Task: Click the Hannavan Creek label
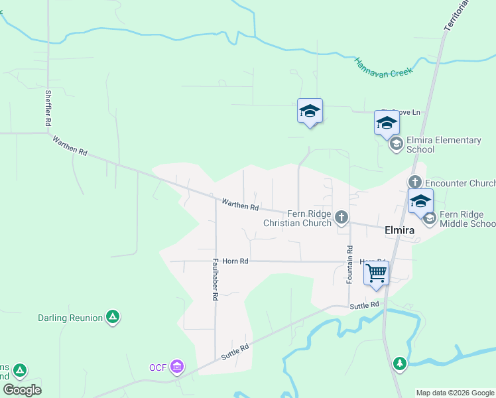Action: tap(383, 66)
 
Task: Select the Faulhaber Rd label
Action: tap(215, 280)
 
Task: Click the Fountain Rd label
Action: tap(349, 264)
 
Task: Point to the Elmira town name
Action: tap(400, 230)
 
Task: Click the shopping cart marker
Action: tap(376, 273)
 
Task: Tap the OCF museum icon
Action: tap(177, 366)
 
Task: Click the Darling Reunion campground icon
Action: tap(113, 317)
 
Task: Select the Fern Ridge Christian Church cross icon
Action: tap(341, 217)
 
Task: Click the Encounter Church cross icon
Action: tap(415, 182)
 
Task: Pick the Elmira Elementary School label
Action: tap(444, 145)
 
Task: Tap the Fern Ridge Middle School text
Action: tap(467, 219)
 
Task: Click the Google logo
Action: tap(22, 390)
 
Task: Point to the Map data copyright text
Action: tap(454, 393)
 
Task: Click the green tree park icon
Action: tap(399, 363)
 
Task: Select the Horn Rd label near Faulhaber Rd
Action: tap(235, 261)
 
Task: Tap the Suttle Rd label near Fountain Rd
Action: tap(365, 304)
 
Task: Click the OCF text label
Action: tap(157, 367)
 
